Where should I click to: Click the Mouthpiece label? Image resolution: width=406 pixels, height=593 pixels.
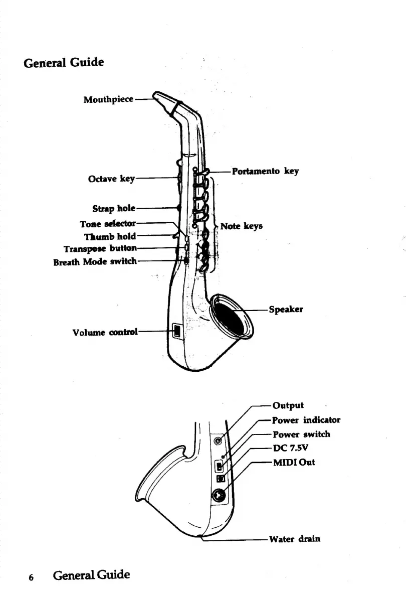[x=108, y=99]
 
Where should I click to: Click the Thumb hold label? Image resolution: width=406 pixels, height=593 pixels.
[x=110, y=236]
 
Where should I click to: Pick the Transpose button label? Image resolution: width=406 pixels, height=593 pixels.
[x=100, y=248]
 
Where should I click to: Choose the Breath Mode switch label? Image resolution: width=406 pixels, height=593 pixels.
[x=95, y=261]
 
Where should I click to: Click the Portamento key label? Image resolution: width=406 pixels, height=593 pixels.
[x=265, y=171]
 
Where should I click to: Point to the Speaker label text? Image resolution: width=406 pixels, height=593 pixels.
[x=286, y=310]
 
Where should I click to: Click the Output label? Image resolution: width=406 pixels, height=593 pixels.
[x=288, y=405]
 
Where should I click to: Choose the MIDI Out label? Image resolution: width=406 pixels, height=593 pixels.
[x=294, y=462]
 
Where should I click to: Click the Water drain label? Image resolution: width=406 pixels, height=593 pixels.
[x=295, y=539]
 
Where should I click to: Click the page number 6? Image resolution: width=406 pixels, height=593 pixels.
[x=31, y=577]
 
